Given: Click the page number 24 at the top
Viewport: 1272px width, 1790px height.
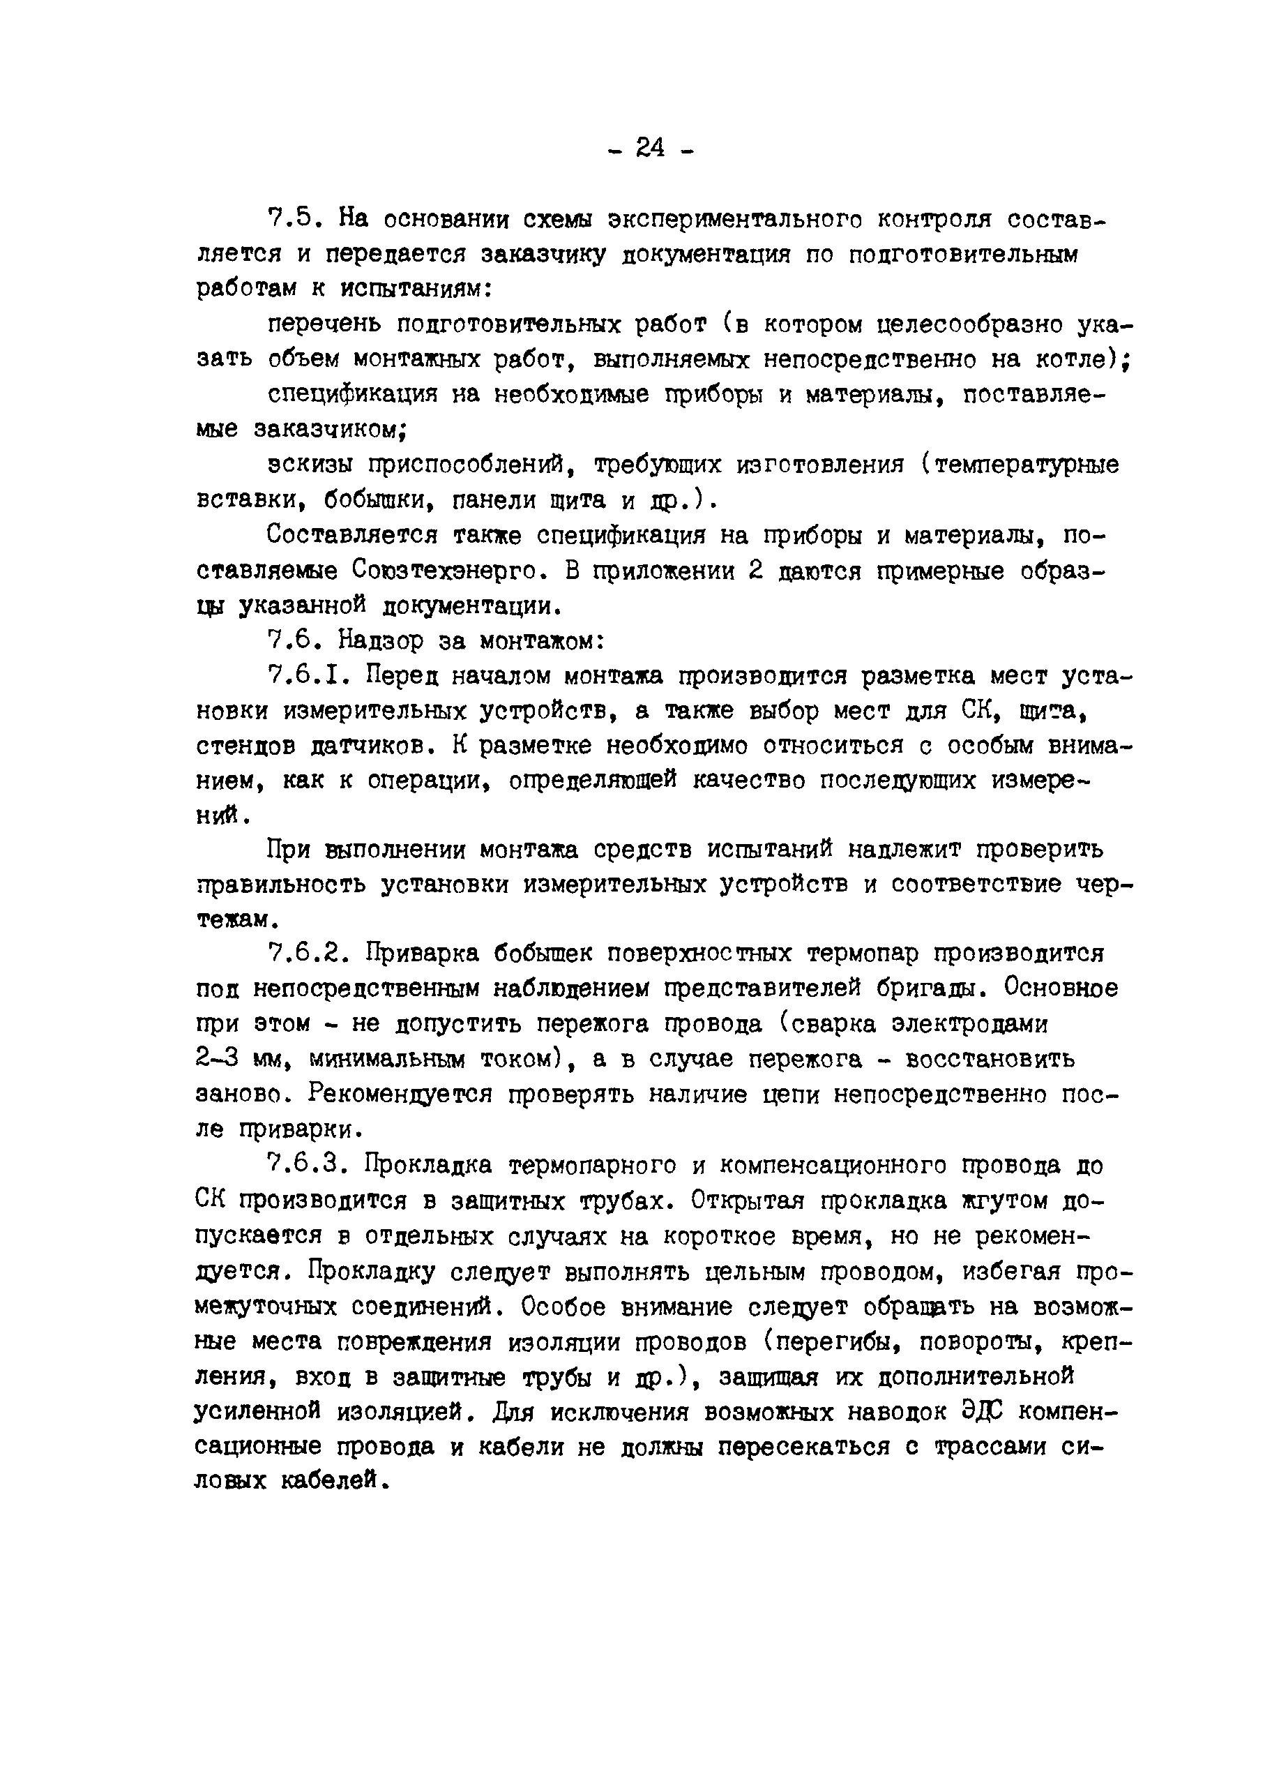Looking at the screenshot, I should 649,146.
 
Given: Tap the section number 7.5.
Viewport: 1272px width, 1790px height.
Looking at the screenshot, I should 291,219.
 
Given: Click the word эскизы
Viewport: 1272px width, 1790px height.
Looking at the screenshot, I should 310,465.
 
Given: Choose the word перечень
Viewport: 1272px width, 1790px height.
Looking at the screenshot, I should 324,324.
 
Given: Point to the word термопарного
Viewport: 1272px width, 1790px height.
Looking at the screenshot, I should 592,1165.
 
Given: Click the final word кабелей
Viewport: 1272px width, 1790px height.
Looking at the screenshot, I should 333,1480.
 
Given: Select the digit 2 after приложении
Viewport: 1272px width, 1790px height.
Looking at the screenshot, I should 755,571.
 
